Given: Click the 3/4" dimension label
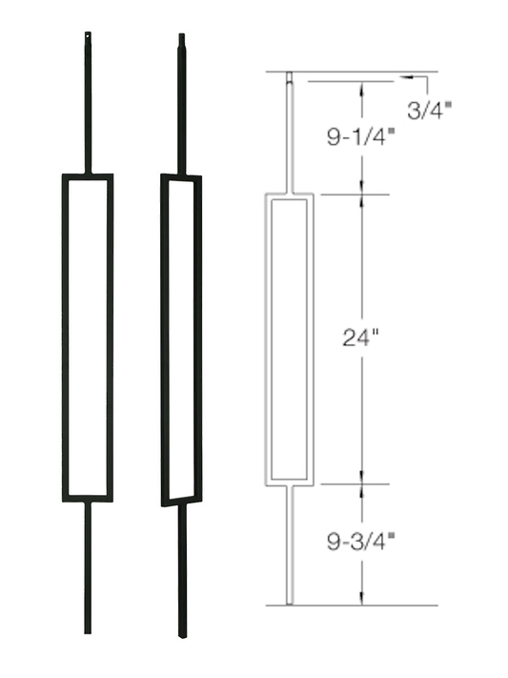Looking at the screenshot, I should tap(429, 109).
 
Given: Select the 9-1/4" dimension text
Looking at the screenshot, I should tap(355, 135).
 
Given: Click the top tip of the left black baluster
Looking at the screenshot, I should tap(88, 36).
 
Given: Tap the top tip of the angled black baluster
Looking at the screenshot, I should tap(181, 37).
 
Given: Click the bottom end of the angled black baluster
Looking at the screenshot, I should tap(182, 634).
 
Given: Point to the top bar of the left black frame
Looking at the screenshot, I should tap(88, 176).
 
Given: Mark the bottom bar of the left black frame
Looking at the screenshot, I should tap(88, 498).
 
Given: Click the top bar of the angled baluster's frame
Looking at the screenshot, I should tap(181, 177).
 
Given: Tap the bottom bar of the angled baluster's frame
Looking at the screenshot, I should tap(181, 501).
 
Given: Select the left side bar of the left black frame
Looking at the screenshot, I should tap(66, 337).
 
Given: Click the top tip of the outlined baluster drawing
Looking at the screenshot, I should tap(290, 74).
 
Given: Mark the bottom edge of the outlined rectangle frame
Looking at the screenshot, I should tap(290, 483).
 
